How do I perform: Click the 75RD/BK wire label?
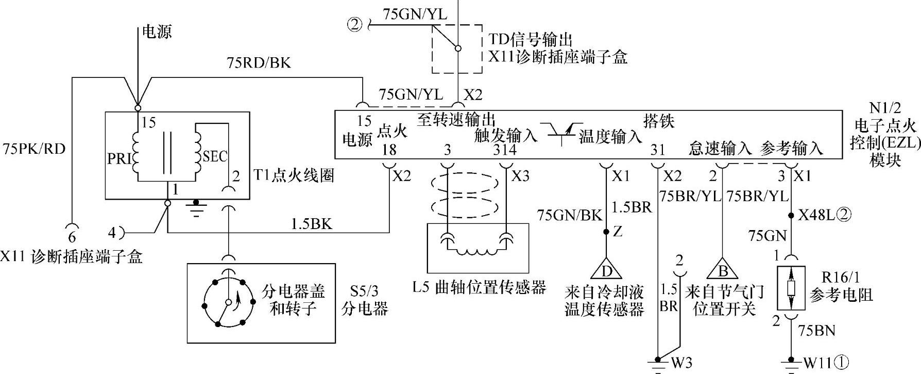(x=259, y=63)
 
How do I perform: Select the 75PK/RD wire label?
(x=34, y=149)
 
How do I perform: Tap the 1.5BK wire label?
(x=311, y=224)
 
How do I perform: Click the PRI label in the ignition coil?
(x=120, y=159)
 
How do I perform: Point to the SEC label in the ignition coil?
(x=215, y=156)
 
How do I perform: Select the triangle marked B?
(x=722, y=269)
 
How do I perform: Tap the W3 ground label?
(x=681, y=363)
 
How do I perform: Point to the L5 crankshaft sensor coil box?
(x=477, y=248)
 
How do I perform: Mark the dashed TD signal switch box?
(x=457, y=49)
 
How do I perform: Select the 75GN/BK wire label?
(x=569, y=215)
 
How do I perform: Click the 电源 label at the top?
(x=157, y=32)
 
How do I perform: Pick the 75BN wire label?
(x=816, y=330)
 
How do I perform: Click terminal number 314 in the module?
(x=504, y=150)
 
